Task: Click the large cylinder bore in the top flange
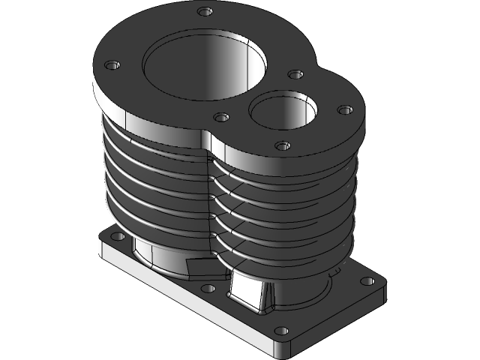[204, 67]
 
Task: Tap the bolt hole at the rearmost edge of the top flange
[203, 11]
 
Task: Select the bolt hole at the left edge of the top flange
[112, 65]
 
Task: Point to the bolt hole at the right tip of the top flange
[344, 110]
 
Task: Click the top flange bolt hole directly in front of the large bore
[220, 117]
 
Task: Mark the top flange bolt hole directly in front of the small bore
[282, 145]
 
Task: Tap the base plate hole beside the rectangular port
[208, 288]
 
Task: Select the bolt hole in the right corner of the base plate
[367, 281]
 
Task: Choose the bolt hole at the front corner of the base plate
[281, 330]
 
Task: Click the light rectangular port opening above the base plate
[245, 289]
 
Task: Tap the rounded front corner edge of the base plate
[284, 349]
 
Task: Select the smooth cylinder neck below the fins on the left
[154, 255]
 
